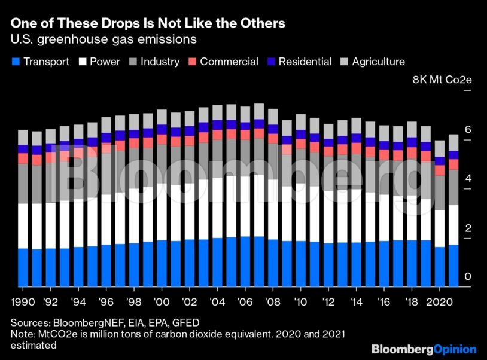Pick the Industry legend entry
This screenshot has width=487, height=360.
click(155, 62)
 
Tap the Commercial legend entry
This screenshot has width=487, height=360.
click(224, 62)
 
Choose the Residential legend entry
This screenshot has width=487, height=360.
click(299, 62)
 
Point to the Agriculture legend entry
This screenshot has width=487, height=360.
click(372, 62)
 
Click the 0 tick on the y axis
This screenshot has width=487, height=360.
click(468, 276)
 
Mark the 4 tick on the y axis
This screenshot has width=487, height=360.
click(468, 178)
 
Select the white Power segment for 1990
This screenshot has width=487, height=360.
click(23, 225)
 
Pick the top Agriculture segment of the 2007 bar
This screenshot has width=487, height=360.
click(259, 111)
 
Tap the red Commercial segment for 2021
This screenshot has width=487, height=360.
click(453, 164)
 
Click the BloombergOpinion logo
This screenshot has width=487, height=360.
click(424, 349)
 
